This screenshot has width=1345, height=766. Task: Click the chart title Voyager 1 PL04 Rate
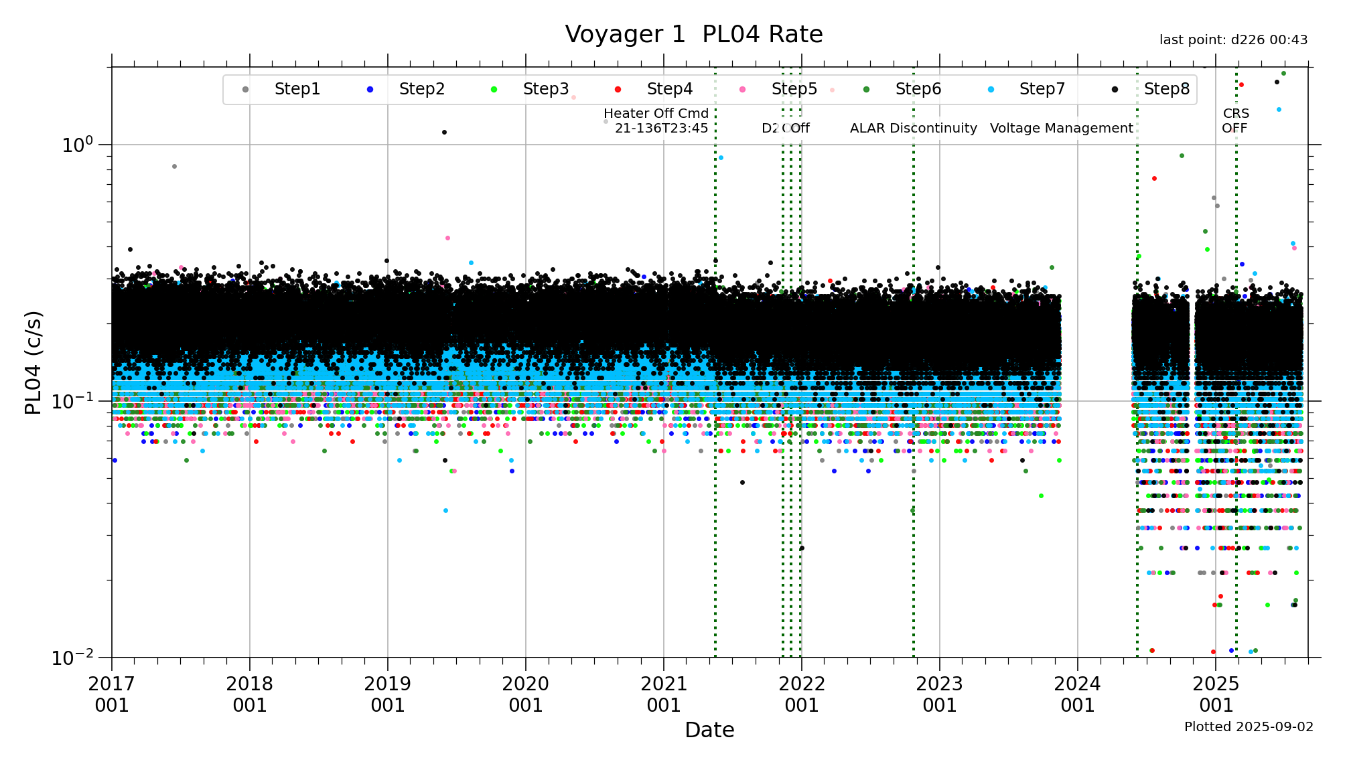[x=693, y=34]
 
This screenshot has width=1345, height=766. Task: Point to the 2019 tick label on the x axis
[x=387, y=694]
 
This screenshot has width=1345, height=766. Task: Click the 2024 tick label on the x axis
[x=1077, y=694]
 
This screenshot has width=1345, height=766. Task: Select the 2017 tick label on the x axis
[x=111, y=694]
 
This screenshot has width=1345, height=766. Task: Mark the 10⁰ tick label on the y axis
[x=78, y=145]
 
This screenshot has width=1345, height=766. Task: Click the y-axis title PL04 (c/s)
[x=33, y=362]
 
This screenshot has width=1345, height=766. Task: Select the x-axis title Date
[x=709, y=730]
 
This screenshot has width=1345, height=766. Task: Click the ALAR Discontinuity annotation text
[x=913, y=128]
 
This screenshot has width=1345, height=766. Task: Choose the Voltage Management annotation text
[x=1061, y=128]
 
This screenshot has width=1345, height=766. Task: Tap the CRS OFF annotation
[x=1235, y=121]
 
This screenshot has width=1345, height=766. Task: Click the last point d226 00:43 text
[x=1233, y=40]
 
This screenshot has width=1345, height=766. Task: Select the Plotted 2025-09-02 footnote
[x=1249, y=726]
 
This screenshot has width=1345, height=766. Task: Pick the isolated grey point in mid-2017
[x=174, y=166]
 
